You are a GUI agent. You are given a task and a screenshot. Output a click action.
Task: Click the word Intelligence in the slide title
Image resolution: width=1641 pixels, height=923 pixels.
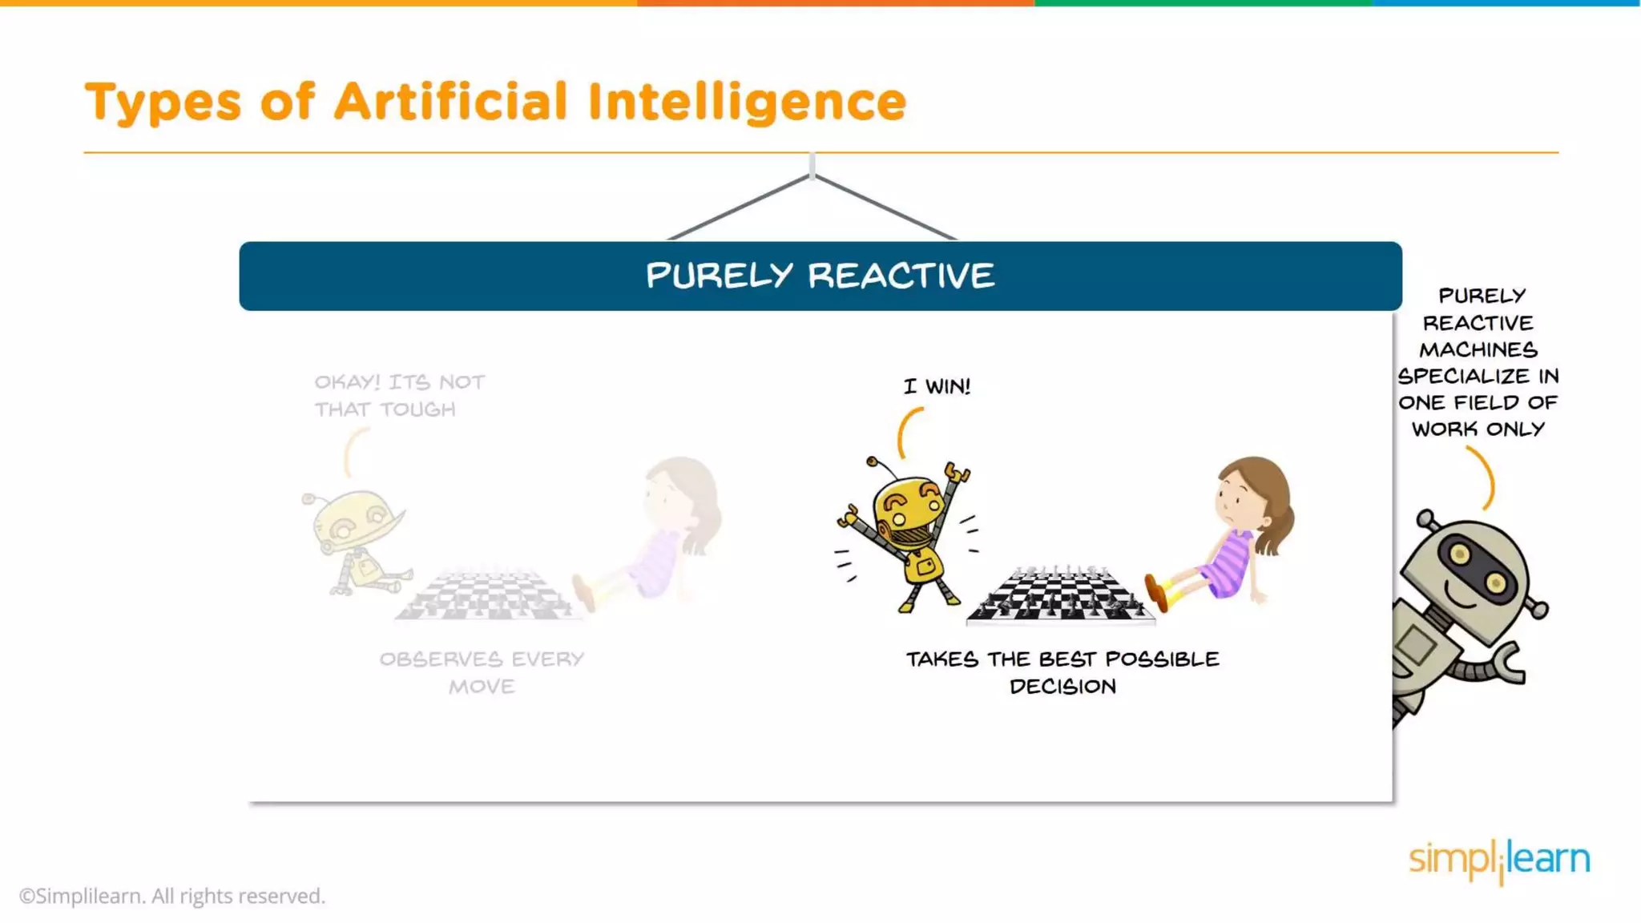click(747, 103)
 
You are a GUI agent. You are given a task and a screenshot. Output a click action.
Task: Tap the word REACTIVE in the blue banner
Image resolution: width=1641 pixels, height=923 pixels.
click(901, 276)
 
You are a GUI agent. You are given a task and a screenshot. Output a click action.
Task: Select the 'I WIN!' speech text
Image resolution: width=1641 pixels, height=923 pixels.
click(937, 386)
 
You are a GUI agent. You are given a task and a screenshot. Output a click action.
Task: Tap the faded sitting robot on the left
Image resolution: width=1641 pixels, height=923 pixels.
click(357, 541)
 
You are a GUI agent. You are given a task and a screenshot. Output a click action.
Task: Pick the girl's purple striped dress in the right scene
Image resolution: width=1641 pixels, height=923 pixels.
click(1226, 565)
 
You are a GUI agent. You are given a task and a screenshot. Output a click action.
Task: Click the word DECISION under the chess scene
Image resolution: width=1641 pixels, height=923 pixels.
click(1062, 687)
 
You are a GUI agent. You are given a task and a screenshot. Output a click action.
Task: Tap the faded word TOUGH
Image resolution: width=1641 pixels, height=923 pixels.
click(418, 409)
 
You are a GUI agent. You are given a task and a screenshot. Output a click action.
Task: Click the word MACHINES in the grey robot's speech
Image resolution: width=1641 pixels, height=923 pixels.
click(1478, 350)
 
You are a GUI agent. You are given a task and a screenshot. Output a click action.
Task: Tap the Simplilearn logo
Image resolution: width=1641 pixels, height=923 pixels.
click(1499, 861)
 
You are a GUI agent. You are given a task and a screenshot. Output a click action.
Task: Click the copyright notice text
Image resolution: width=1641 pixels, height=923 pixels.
click(172, 896)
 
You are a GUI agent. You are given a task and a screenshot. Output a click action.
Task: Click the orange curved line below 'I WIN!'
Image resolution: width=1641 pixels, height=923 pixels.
click(907, 433)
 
